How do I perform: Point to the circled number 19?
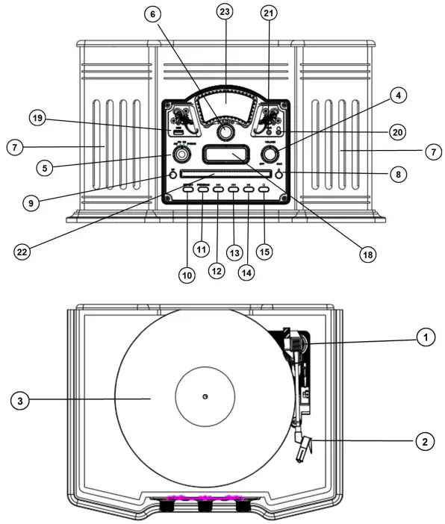(x=35, y=118)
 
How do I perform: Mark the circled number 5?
(x=45, y=168)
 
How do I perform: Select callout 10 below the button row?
(x=186, y=274)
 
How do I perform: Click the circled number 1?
(x=424, y=337)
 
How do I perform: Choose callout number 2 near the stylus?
(x=424, y=440)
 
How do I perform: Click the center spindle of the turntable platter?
(x=205, y=396)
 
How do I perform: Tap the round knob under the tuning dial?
(x=224, y=132)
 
